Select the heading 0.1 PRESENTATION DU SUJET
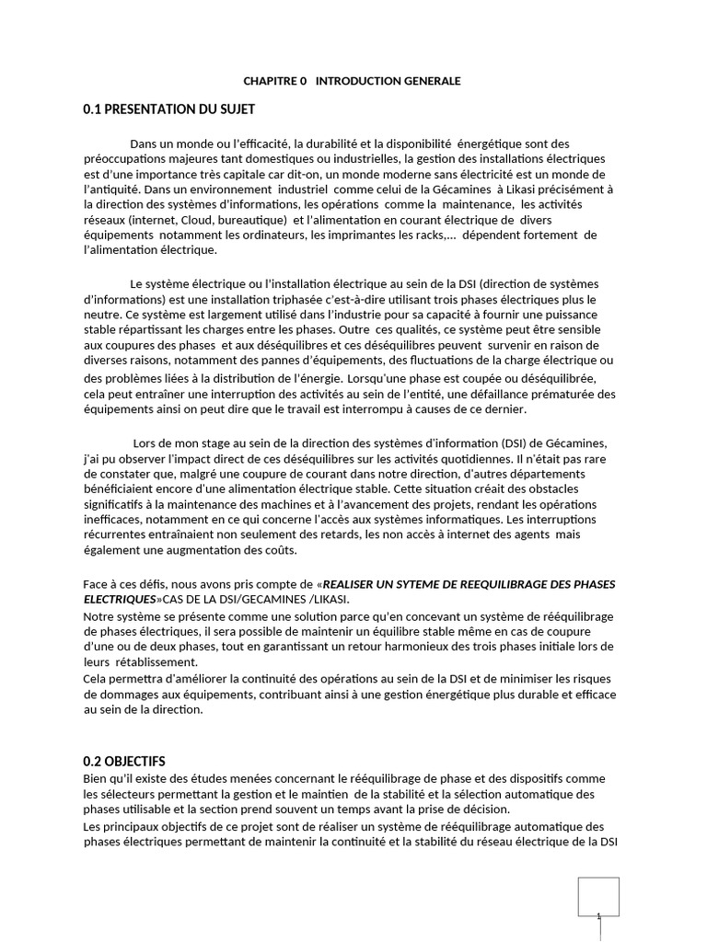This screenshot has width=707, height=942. point(168,109)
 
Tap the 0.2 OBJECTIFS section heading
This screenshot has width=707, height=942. point(124,762)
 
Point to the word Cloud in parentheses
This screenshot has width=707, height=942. point(194,220)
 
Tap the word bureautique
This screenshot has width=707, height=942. point(254,220)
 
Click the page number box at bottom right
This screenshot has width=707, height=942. point(598,897)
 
